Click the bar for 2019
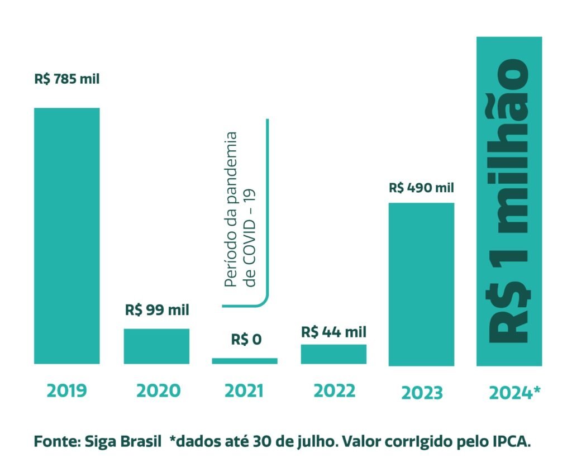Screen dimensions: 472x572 tap(66, 236)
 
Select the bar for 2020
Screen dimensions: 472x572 tap(156, 346)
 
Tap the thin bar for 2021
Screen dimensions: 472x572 tap(245, 361)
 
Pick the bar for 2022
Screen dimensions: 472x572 tap(333, 354)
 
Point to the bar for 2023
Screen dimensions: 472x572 tap(421, 284)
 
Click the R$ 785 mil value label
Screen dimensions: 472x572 tap(66, 79)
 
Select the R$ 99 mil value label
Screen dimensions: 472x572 tap(156, 309)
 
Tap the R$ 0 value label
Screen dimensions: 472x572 tap(246, 339)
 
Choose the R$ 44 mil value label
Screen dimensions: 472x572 tap(333, 332)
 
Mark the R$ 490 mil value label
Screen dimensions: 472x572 tap(422, 188)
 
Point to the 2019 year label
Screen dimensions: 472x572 tap(66, 390)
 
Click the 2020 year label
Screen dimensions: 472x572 tap(158, 390)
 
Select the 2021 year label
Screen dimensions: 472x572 tap(244, 390)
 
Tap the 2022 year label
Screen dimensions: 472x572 tap(334, 390)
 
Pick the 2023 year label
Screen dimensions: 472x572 tap(422, 393)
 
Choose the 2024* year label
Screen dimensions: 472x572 tap(514, 393)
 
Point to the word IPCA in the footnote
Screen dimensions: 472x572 tap(510, 441)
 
